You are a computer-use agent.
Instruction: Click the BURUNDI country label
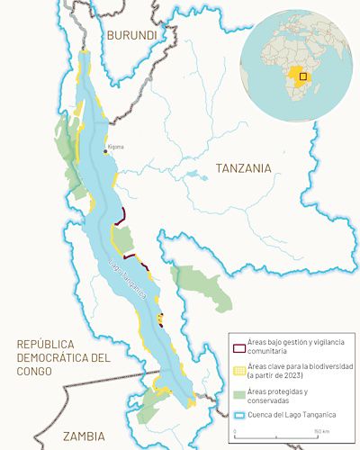click(x=131, y=35)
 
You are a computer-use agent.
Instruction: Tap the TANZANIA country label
click(x=243, y=167)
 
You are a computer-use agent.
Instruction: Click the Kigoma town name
click(x=115, y=146)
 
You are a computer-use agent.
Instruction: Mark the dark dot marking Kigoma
click(x=105, y=151)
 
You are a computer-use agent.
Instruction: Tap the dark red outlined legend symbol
click(x=238, y=347)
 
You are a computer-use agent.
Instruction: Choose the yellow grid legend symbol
click(x=238, y=369)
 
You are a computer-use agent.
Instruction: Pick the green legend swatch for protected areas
click(x=238, y=392)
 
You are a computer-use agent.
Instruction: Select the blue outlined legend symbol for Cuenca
click(x=238, y=412)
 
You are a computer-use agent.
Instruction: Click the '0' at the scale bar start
click(x=235, y=433)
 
